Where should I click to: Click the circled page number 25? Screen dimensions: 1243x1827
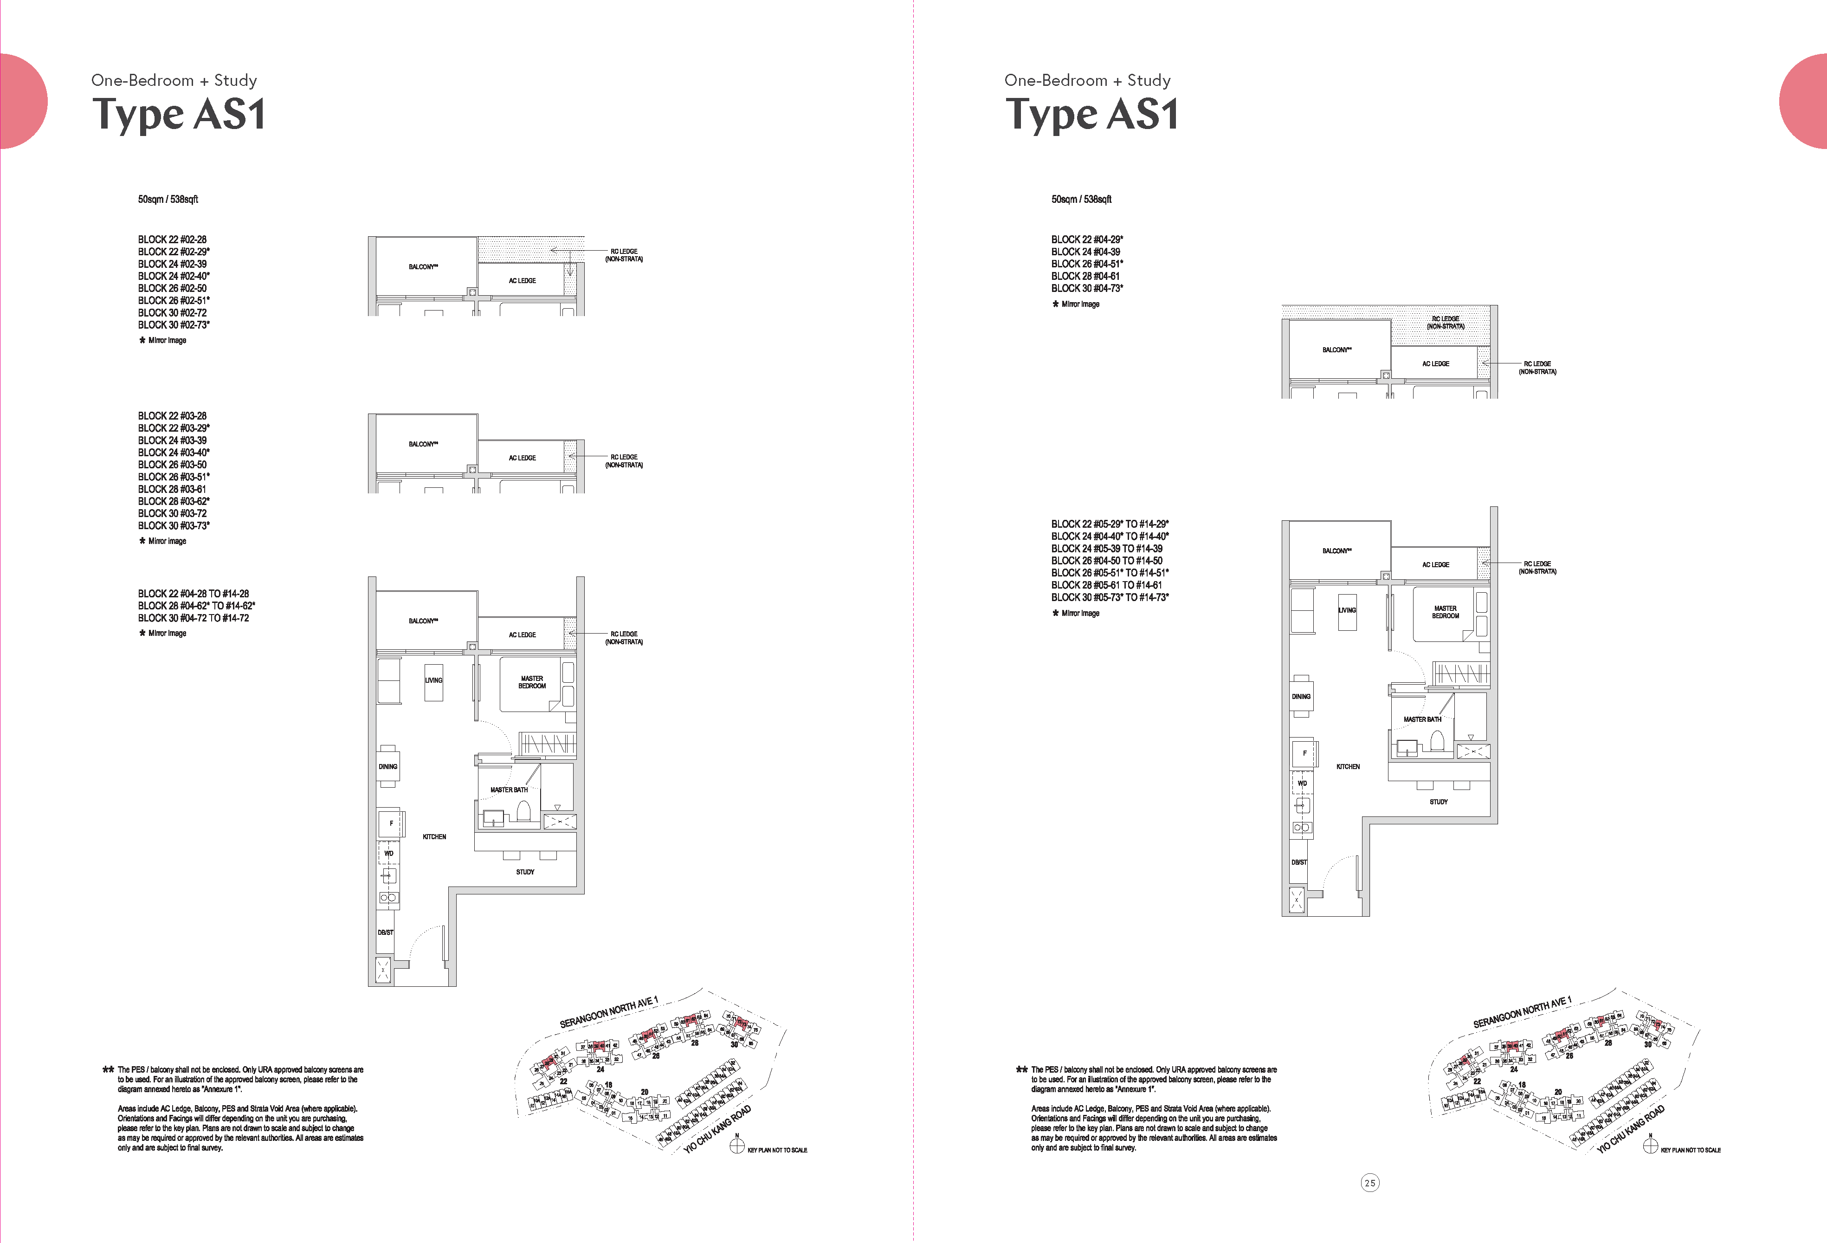pyautogui.click(x=1369, y=1183)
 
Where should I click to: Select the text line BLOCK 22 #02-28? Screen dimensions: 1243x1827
pyautogui.click(x=172, y=239)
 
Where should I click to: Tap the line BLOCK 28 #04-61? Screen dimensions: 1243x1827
pyautogui.click(x=1085, y=276)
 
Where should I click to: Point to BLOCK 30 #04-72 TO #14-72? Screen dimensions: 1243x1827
pyautogui.click(x=194, y=618)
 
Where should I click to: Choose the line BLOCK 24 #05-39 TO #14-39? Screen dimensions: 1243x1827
pyautogui.click(x=1106, y=548)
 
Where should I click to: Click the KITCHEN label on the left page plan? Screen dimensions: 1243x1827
pyautogui.click(x=434, y=836)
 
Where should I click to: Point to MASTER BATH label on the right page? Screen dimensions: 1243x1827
pyautogui.click(x=1422, y=719)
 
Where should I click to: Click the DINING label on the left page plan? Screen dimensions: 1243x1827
pyautogui.click(x=387, y=767)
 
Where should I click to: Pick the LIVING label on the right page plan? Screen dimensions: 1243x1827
pyautogui.click(x=1347, y=610)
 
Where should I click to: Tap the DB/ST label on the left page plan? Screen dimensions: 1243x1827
pyautogui.click(x=385, y=932)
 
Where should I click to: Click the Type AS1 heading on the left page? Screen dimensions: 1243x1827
pyautogui.click(x=179, y=114)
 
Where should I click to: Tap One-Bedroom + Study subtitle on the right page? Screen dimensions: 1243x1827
pyautogui.click(x=1087, y=80)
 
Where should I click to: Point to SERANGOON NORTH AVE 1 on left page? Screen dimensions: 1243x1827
pyautogui.click(x=608, y=1013)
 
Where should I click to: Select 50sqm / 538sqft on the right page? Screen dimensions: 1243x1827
pyautogui.click(x=1081, y=200)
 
